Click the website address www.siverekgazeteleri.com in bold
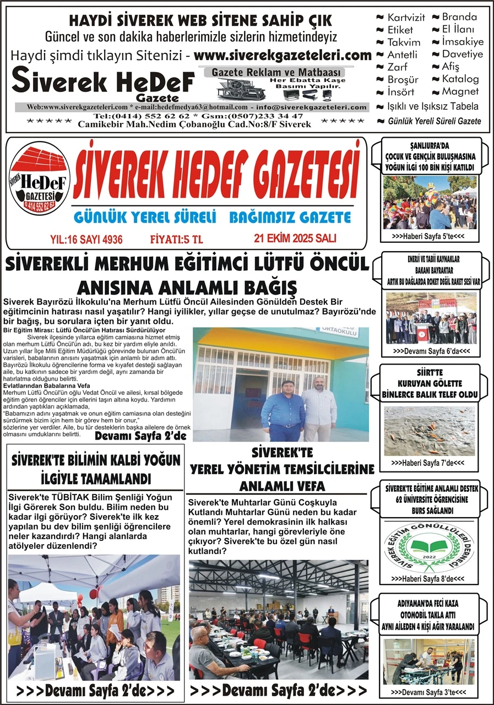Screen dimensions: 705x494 283,55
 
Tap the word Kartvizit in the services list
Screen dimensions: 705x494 406,18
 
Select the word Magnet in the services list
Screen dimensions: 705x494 460,91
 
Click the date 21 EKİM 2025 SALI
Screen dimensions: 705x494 295,238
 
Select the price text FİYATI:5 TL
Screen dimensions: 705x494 177,239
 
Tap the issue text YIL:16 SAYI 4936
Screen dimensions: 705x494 86,239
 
